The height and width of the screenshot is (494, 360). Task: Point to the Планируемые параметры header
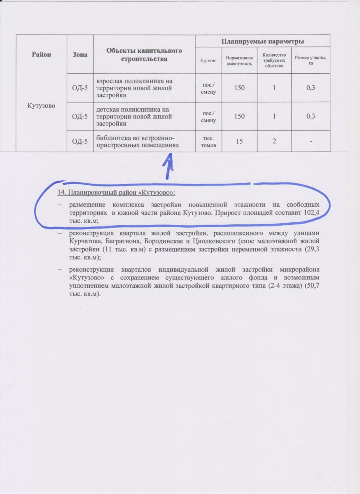point(263,41)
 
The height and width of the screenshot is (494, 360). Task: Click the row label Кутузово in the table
point(42,105)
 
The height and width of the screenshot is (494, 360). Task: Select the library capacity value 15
point(238,141)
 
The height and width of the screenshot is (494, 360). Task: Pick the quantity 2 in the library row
point(274,141)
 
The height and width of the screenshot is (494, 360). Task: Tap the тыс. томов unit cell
point(208,141)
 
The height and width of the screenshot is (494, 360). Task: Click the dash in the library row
point(311,141)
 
